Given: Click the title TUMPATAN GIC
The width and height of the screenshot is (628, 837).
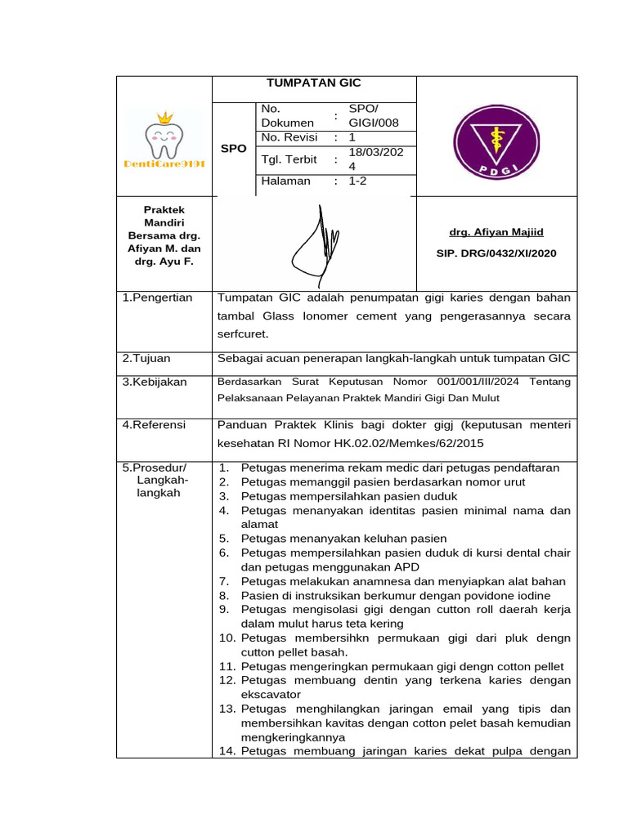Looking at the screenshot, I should [314, 83].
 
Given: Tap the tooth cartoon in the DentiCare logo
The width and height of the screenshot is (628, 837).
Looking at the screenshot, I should [164, 140].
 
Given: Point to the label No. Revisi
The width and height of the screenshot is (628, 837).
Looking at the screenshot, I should [289, 137].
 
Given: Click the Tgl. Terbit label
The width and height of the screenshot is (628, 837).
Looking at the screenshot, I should [289, 159].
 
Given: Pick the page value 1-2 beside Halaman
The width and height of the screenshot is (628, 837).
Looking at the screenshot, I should [358, 181].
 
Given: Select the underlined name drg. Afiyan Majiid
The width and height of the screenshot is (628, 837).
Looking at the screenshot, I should [496, 233].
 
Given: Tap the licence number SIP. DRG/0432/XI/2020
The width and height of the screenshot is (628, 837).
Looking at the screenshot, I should [496, 253].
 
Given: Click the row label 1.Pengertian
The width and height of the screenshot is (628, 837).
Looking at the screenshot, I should [157, 298].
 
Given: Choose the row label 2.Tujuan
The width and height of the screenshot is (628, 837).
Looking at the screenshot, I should [146, 358].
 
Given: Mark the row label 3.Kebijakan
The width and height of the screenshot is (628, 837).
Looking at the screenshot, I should [155, 382].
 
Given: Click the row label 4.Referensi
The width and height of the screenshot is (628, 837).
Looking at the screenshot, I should [154, 425].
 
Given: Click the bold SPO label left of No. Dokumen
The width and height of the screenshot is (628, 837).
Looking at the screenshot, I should [234, 149].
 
